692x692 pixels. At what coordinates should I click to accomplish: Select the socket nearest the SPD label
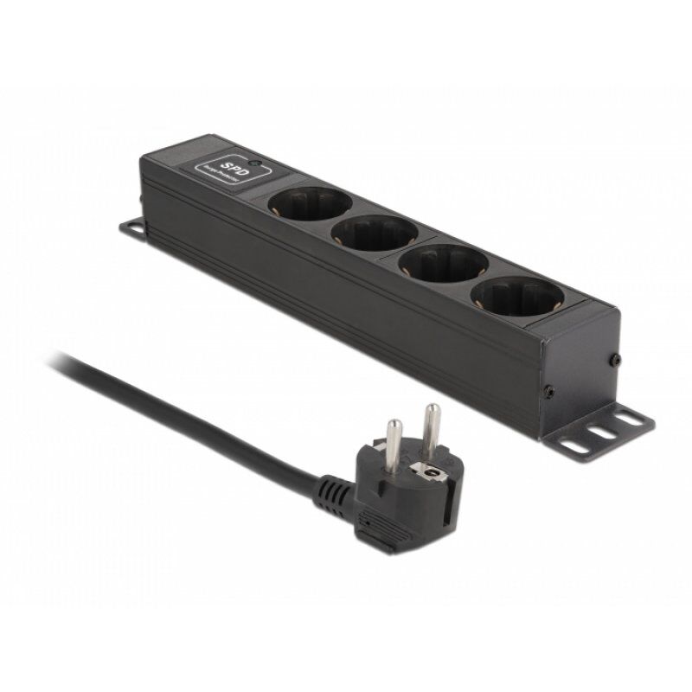pyautogui.click(x=309, y=204)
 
